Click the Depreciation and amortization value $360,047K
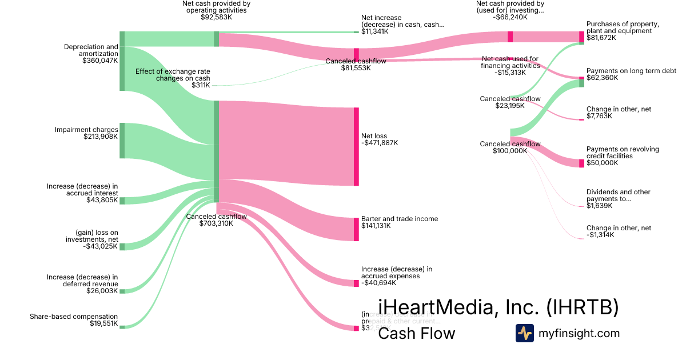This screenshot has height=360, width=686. (100, 61)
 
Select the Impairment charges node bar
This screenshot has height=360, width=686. (122, 140)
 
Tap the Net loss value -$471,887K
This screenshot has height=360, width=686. (380, 143)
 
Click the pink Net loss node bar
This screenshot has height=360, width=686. (356, 146)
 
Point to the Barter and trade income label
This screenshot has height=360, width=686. (400, 219)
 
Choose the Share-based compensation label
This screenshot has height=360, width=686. (74, 317)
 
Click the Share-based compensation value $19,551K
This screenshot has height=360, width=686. (103, 324)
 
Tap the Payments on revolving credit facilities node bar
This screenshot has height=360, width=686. (581, 163)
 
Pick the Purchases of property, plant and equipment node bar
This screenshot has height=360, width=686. (581, 37)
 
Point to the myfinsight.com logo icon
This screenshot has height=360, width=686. (524, 333)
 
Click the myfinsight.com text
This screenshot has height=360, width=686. (579, 333)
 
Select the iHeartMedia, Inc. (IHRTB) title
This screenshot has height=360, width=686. (498, 307)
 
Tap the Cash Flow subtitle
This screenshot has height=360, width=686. (417, 333)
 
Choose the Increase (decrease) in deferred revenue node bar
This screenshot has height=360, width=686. (122, 291)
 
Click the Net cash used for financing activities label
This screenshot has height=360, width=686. (510, 62)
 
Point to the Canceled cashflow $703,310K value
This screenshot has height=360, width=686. (216, 223)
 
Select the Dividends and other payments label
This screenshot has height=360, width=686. (618, 195)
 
